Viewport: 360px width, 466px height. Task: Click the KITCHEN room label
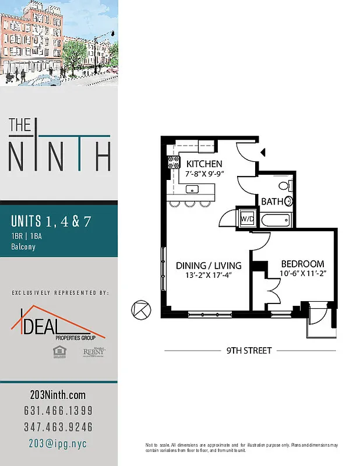pos(204,164)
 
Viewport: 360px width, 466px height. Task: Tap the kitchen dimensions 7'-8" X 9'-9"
pos(204,174)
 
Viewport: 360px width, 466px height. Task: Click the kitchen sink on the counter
pos(192,189)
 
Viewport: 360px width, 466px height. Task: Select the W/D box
pos(246,218)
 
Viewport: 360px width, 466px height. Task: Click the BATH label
pos(272,202)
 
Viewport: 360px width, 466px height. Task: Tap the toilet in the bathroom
pos(284,186)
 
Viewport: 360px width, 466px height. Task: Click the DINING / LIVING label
pos(209,266)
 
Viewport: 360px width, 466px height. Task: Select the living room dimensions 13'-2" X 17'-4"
pos(209,276)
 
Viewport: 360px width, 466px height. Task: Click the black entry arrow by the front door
pos(263,153)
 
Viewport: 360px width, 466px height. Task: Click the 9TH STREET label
pos(249,351)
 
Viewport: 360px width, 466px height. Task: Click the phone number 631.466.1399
pos(58,411)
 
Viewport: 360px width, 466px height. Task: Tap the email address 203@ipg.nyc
pos(58,443)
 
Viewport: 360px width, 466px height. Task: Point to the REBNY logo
pos(89,352)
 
